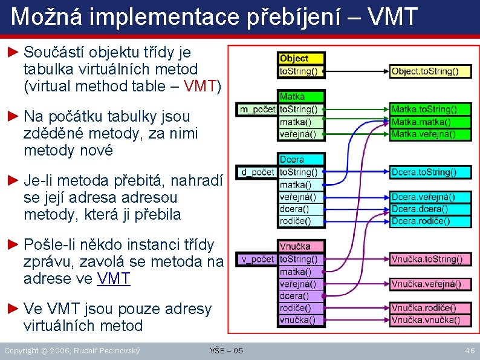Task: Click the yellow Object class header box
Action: tap(302, 59)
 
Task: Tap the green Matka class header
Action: tap(302, 96)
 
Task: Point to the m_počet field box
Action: tap(258, 110)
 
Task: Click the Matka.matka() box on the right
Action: tap(430, 122)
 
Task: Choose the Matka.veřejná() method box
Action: tap(430, 134)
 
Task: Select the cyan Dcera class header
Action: tap(302, 160)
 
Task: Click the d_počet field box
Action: tap(258, 172)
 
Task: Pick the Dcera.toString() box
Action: tap(430, 172)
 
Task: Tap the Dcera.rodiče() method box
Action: tap(430, 221)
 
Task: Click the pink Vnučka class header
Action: tap(302, 246)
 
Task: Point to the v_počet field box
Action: tap(258, 260)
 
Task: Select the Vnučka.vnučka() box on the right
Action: tap(430, 319)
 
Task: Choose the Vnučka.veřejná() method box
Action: tap(430, 284)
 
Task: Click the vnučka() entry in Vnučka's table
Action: tap(302, 319)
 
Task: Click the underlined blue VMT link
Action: tap(114, 278)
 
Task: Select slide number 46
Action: tap(469, 350)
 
